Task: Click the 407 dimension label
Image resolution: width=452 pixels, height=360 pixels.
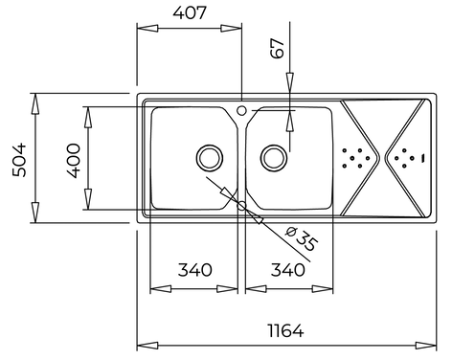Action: (190, 13)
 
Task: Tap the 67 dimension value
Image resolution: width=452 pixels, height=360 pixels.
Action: (277, 48)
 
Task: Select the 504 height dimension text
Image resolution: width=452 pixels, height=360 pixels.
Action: (19, 160)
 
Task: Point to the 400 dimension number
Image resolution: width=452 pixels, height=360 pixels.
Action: (74, 161)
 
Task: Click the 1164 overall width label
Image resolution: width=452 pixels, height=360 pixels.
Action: (285, 330)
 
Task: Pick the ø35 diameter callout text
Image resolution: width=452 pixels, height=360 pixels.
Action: (301, 238)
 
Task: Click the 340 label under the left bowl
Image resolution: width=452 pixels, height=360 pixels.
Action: (194, 270)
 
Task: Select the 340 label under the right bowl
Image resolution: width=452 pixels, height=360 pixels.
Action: (288, 270)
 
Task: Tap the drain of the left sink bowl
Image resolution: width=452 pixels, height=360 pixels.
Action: (210, 158)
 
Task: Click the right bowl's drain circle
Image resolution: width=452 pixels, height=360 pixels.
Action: (274, 158)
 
